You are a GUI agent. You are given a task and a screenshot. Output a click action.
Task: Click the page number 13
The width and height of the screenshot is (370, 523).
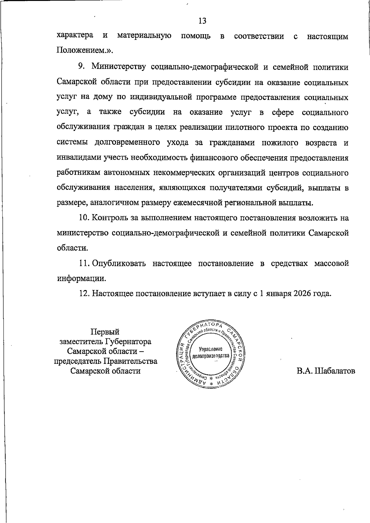tap(203, 21)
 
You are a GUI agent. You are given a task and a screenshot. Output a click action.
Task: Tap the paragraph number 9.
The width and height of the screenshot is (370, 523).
tap(81, 67)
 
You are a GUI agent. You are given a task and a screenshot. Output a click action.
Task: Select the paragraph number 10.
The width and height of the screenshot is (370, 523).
tap(84, 218)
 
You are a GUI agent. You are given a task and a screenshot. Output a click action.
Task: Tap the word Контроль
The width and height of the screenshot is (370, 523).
tap(108, 218)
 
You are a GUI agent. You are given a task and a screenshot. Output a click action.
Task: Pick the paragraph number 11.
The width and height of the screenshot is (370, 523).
tap(84, 264)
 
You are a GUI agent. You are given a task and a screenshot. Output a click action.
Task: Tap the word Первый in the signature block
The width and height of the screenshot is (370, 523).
tap(105, 332)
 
